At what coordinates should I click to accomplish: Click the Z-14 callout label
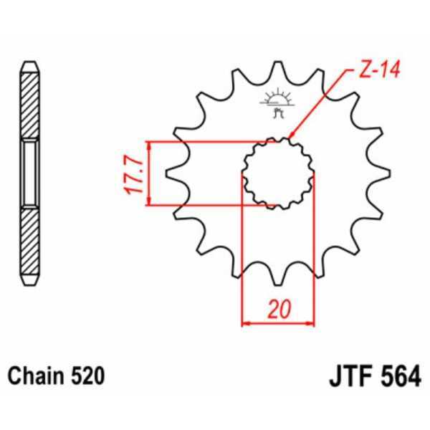[373, 71]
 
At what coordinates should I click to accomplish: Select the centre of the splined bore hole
[278, 173]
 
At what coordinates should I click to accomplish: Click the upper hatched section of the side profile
[29, 107]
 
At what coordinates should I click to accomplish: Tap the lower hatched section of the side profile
[29, 240]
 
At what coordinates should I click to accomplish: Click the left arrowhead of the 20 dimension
[247, 323]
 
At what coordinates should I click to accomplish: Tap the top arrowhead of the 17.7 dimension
[149, 145]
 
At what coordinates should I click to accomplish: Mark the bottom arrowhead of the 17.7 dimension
[149, 202]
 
